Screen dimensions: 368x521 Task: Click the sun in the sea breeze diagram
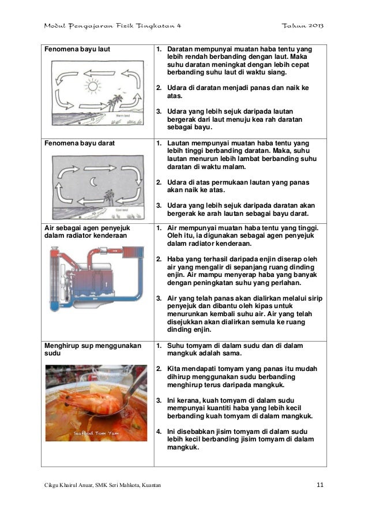pos(93,86)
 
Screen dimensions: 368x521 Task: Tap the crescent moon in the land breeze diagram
pos(93,181)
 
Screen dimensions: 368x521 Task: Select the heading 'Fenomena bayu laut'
pos(77,49)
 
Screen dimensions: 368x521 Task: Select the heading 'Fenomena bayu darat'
pos(80,143)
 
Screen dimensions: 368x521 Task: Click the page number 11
pos(320,485)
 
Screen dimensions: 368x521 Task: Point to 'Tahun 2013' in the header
pos(302,25)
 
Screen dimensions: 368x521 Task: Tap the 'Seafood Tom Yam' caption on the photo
pos(96,433)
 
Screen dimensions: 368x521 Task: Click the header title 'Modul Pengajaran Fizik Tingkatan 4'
pos(112,26)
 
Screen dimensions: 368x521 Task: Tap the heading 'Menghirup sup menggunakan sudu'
pos(93,349)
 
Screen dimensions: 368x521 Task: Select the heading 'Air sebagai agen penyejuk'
pos(87,228)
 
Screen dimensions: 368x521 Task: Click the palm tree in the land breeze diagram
pos(109,197)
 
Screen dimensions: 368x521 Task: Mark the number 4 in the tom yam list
pos(159,432)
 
